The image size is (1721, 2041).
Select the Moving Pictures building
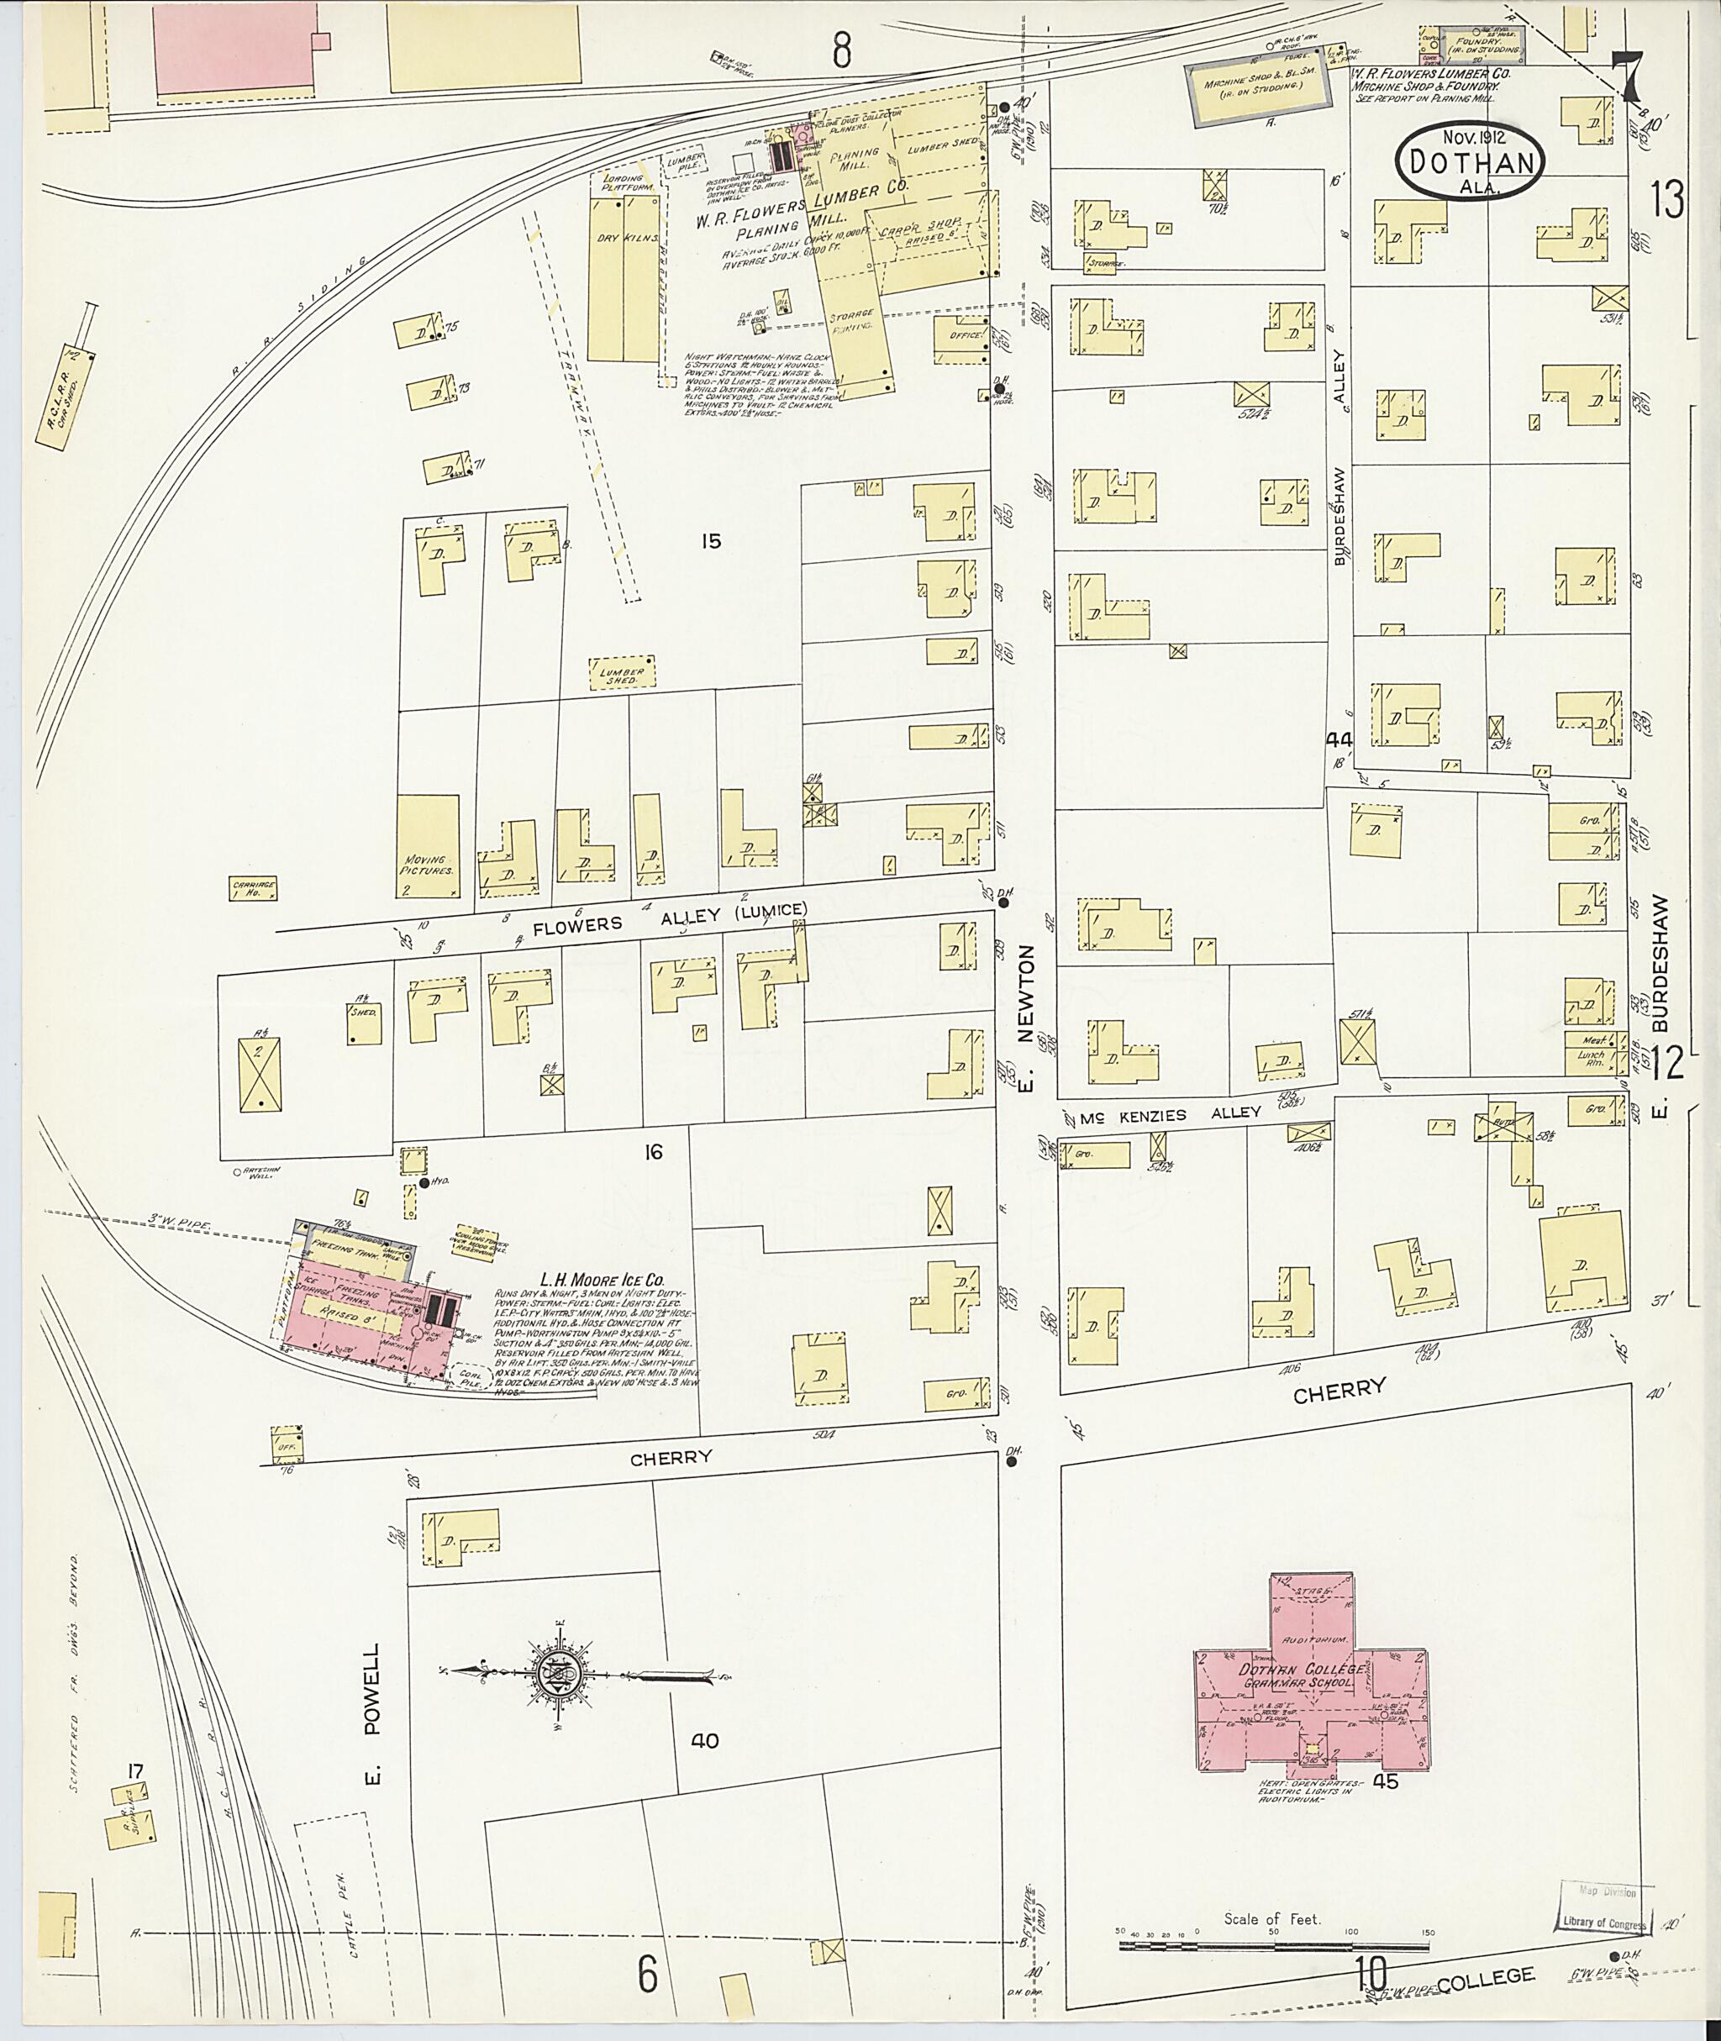click(428, 847)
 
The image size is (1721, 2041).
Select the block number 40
click(704, 1740)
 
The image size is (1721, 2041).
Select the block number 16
click(653, 1152)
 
